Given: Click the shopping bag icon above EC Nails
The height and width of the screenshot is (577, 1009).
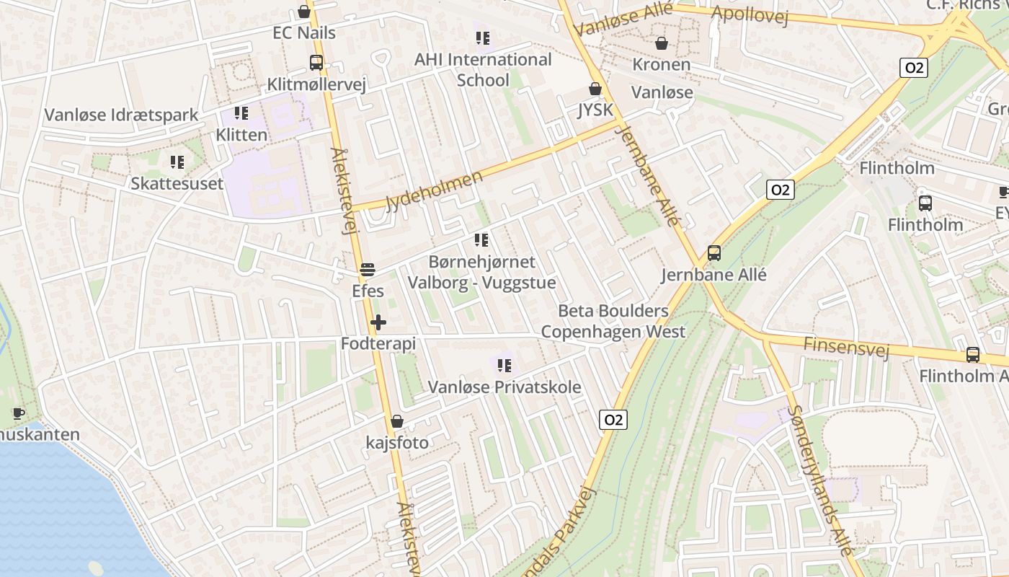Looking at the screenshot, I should pos(304,12).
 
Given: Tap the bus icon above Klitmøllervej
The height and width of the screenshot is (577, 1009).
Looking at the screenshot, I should pos(316,63).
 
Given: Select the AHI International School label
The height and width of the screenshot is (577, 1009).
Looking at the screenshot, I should pos(483,69).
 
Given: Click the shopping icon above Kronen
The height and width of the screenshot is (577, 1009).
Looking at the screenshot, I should pos(662,43).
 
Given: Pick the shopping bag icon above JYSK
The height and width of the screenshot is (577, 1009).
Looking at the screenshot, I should pos(595,89).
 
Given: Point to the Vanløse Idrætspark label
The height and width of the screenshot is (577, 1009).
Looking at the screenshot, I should pos(121,115).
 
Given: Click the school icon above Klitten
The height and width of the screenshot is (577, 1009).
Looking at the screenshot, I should pos(241,113).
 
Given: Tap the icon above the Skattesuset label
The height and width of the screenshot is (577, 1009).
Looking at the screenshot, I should pos(177,162).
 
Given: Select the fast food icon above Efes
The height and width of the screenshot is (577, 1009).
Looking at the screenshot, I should pos(368,270).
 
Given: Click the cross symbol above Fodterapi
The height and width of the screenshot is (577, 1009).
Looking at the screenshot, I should pos(378,322).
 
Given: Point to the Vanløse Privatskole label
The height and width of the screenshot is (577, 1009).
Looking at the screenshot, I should pos(504,387).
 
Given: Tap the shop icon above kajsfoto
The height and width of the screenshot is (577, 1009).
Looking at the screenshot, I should pos(396,421).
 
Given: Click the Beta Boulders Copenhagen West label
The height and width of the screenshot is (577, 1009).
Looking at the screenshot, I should pos(613,322).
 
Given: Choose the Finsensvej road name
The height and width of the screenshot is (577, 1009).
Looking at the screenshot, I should pos(846,347).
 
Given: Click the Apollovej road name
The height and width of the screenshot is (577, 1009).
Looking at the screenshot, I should pos(750,15).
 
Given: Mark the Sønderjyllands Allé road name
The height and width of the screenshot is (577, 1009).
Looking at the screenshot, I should pos(819,480).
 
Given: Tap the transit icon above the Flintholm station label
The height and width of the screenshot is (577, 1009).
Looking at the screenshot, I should pos(925,203).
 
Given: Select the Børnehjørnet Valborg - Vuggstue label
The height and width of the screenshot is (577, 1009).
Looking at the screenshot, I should pos(481,272).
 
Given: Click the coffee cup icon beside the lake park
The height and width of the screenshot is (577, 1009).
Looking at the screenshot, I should pos(18,414).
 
